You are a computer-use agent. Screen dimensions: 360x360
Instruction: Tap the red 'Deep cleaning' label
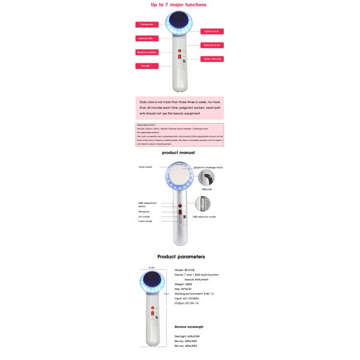click(212, 59)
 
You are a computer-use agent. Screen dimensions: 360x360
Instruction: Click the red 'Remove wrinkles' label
click(146, 52)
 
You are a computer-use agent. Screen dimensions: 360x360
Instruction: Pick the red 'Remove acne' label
click(212, 45)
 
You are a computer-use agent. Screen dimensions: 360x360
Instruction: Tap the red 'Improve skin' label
click(146, 38)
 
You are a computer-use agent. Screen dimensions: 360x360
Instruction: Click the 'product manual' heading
click(179, 153)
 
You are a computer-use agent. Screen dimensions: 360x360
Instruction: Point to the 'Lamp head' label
click(146, 167)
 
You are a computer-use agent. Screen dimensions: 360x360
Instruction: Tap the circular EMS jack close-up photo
click(208, 178)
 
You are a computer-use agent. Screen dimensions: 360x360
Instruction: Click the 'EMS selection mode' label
click(203, 217)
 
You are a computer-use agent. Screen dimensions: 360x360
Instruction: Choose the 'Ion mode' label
click(144, 216)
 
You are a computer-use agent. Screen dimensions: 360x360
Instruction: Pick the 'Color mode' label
click(145, 221)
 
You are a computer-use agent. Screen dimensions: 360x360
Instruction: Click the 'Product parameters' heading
click(179, 256)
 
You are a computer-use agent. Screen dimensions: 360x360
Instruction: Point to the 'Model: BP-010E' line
click(187, 270)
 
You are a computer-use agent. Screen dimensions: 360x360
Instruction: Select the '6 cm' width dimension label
click(152, 268)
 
